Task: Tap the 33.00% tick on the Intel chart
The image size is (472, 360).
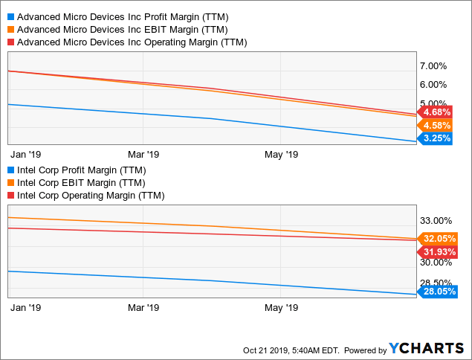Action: pos(437,220)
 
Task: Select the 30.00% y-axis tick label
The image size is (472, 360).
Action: pos(437,262)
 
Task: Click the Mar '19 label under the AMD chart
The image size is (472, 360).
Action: pos(143,154)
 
